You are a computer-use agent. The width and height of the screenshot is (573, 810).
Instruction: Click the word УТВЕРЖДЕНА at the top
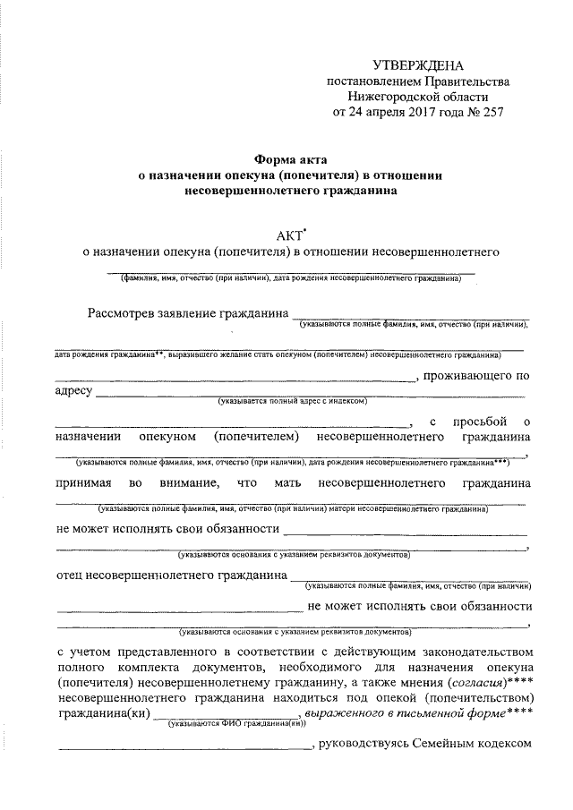[x=419, y=65]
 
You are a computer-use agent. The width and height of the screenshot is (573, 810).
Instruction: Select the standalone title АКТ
[x=290, y=236]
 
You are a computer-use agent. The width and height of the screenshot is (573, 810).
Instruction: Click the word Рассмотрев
[x=124, y=313]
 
